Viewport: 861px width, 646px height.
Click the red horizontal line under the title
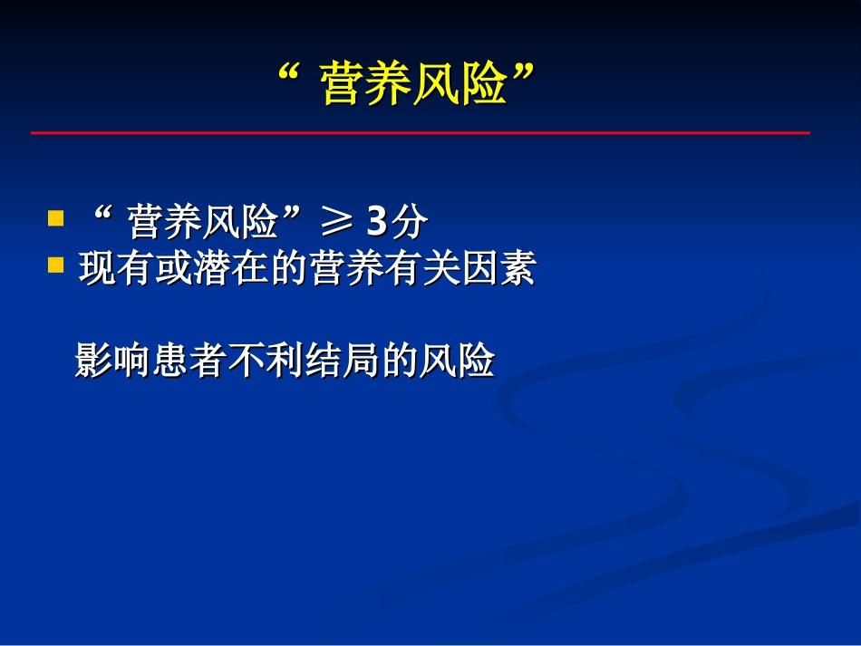click(x=420, y=133)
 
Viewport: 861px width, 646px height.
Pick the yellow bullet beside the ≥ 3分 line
click(x=56, y=219)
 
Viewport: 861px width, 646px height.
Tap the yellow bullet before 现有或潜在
click(x=56, y=265)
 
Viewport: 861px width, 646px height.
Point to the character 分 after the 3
click(x=409, y=222)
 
